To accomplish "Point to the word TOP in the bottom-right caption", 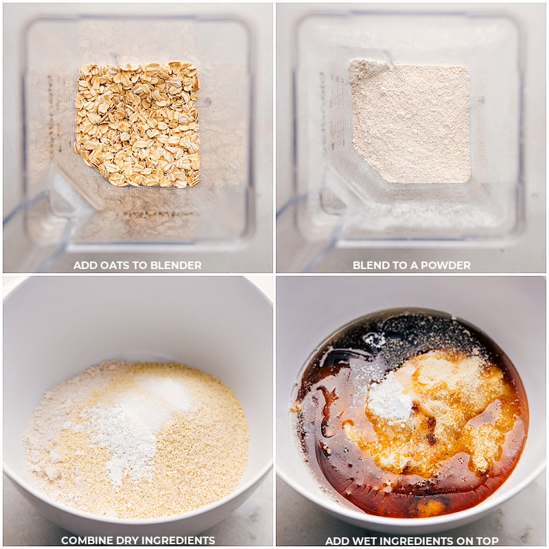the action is pyautogui.click(x=487, y=541).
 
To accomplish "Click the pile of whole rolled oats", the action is pyautogui.click(x=137, y=124).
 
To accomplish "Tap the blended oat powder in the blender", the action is pyautogui.click(x=410, y=121).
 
